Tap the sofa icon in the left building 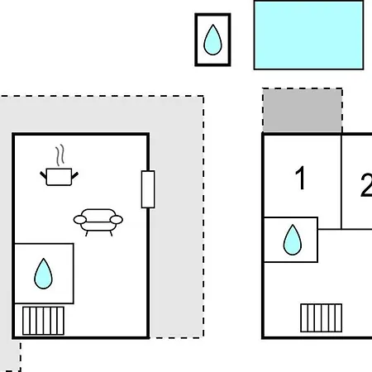point(98,222)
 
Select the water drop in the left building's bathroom point(43,274)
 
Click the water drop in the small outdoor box point(212,40)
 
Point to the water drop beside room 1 point(293,240)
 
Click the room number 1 point(300,178)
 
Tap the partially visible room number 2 point(366,184)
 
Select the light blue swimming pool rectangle point(308,35)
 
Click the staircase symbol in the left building point(43,321)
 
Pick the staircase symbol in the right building point(322,317)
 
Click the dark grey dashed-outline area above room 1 point(303,110)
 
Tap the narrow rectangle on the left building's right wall point(148,189)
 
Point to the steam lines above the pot point(60,155)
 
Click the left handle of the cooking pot point(43,175)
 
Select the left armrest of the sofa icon point(80,220)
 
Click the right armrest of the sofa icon point(117,220)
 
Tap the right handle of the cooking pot point(75,175)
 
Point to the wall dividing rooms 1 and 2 point(341,181)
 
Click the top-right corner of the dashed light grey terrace point(203,96)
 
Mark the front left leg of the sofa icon point(87,233)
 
